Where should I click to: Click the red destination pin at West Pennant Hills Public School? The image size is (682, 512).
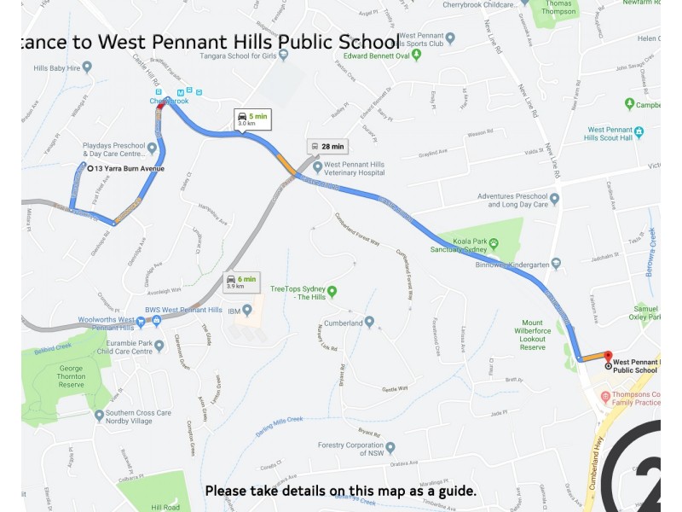(x=608, y=358)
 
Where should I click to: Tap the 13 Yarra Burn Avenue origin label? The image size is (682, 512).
(x=129, y=169)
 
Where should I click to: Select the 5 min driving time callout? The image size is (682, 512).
(x=253, y=119)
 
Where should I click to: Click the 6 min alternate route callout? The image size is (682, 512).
(x=240, y=282)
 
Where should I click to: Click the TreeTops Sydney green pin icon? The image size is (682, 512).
(x=332, y=291)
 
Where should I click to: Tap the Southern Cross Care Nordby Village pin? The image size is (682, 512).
(x=100, y=416)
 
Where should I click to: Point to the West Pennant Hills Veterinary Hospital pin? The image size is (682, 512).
(x=316, y=167)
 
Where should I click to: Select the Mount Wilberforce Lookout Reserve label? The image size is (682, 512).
(x=533, y=335)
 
